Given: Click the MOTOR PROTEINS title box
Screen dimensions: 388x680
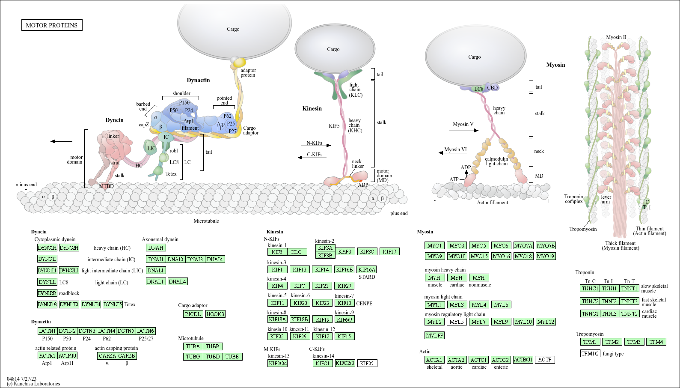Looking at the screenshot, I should pyautogui.click(x=52, y=25).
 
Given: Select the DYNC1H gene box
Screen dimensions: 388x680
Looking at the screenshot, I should pyautogui.click(x=47, y=248).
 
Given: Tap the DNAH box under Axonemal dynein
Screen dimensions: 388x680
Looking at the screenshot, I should pyautogui.click(x=156, y=248).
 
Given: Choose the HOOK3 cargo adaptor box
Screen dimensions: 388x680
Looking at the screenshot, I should pyautogui.click(x=215, y=314).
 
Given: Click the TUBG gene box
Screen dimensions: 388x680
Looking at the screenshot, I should pyautogui.click(x=193, y=357).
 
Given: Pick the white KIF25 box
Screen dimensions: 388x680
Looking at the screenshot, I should pyautogui.click(x=367, y=364).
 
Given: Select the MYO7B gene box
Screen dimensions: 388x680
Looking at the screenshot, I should pyautogui.click(x=546, y=246).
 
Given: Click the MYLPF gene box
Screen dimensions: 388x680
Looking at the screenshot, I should pyautogui.click(x=434, y=335).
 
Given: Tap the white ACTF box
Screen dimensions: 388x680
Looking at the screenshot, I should pyautogui.click(x=545, y=360).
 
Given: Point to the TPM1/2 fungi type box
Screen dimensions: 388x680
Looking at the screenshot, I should pyautogui.click(x=590, y=354).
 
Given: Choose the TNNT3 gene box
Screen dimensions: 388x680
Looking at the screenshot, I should pyautogui.click(x=630, y=301).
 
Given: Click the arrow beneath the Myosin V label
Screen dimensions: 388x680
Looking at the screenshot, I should pyautogui.click(x=464, y=131).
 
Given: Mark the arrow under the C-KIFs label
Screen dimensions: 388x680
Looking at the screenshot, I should pyautogui.click(x=312, y=158).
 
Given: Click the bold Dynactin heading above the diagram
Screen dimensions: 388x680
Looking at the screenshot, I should pyautogui.click(x=199, y=81).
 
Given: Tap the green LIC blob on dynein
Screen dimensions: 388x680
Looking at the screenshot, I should pyautogui.click(x=151, y=148).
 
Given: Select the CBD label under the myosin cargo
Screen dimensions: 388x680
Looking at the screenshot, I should pyautogui.click(x=493, y=88).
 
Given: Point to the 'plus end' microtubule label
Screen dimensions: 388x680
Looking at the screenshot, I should pyautogui.click(x=399, y=213).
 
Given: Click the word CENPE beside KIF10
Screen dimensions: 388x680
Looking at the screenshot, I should pyautogui.click(x=364, y=304).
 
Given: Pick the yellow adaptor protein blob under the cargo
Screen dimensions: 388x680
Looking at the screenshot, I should pyautogui.click(x=239, y=63).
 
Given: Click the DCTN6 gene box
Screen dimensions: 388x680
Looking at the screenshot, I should pyautogui.click(x=146, y=331).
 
